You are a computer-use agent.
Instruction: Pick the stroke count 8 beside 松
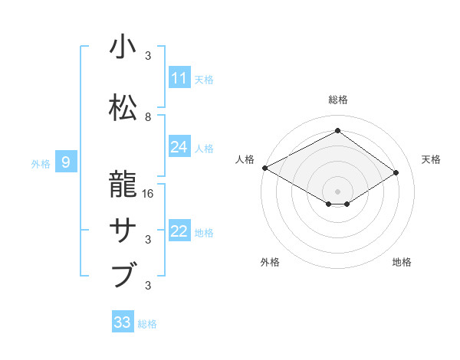148,117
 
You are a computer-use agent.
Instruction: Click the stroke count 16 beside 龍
149,194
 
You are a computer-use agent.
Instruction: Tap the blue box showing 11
179,78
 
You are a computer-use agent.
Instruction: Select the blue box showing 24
179,147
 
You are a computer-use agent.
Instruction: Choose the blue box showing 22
179,231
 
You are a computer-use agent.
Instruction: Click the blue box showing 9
66,162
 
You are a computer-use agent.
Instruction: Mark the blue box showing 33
123,322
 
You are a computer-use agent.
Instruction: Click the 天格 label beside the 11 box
204,79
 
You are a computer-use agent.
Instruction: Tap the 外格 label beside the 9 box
41,163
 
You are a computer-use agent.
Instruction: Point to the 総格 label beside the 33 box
147,323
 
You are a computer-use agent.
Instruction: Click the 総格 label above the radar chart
337,100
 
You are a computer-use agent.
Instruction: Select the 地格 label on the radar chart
402,262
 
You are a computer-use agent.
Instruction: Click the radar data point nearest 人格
264,168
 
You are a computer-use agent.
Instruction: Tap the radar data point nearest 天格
396,172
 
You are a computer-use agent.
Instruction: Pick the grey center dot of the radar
337,190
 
